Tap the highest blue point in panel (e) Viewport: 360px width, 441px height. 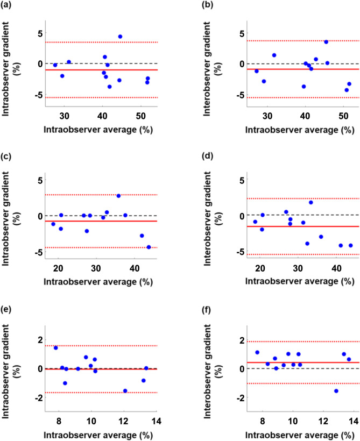point(55,348)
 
